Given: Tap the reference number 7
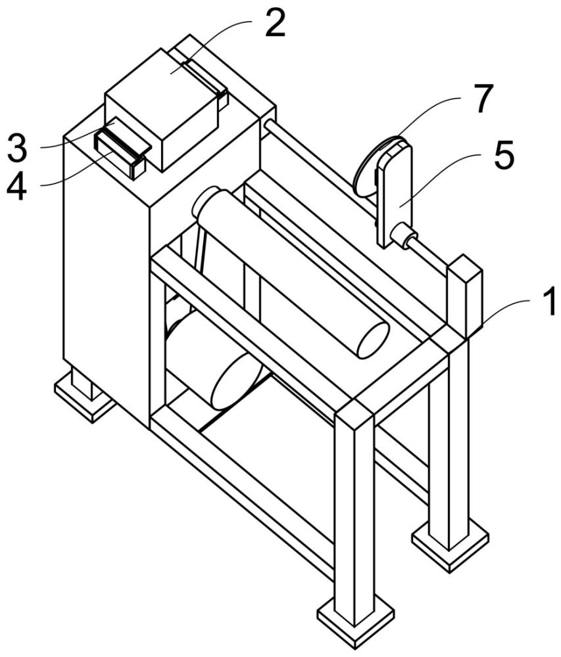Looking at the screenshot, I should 482,99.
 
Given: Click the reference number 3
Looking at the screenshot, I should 17,148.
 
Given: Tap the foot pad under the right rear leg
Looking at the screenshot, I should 451,545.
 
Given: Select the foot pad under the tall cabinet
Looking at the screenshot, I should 85,399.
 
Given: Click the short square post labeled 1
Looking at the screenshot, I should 466,296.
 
